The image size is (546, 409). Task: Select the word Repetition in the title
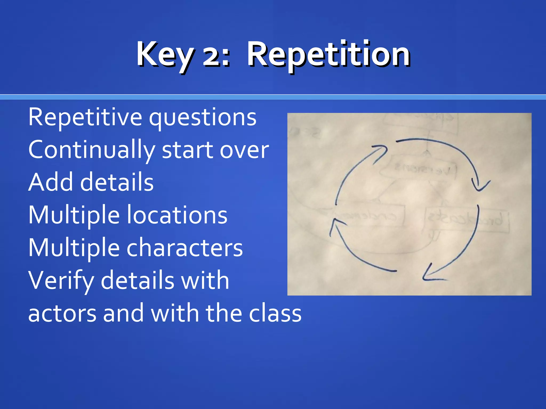pyautogui.click(x=328, y=55)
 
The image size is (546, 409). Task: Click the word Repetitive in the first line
pyautogui.click(x=85, y=117)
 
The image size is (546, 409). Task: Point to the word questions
pyautogui.click(x=203, y=119)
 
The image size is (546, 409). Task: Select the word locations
pyautogui.click(x=177, y=215)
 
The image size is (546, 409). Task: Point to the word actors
pyautogui.click(x=62, y=313)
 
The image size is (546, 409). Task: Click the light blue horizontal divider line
pyautogui.click(x=273, y=97)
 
